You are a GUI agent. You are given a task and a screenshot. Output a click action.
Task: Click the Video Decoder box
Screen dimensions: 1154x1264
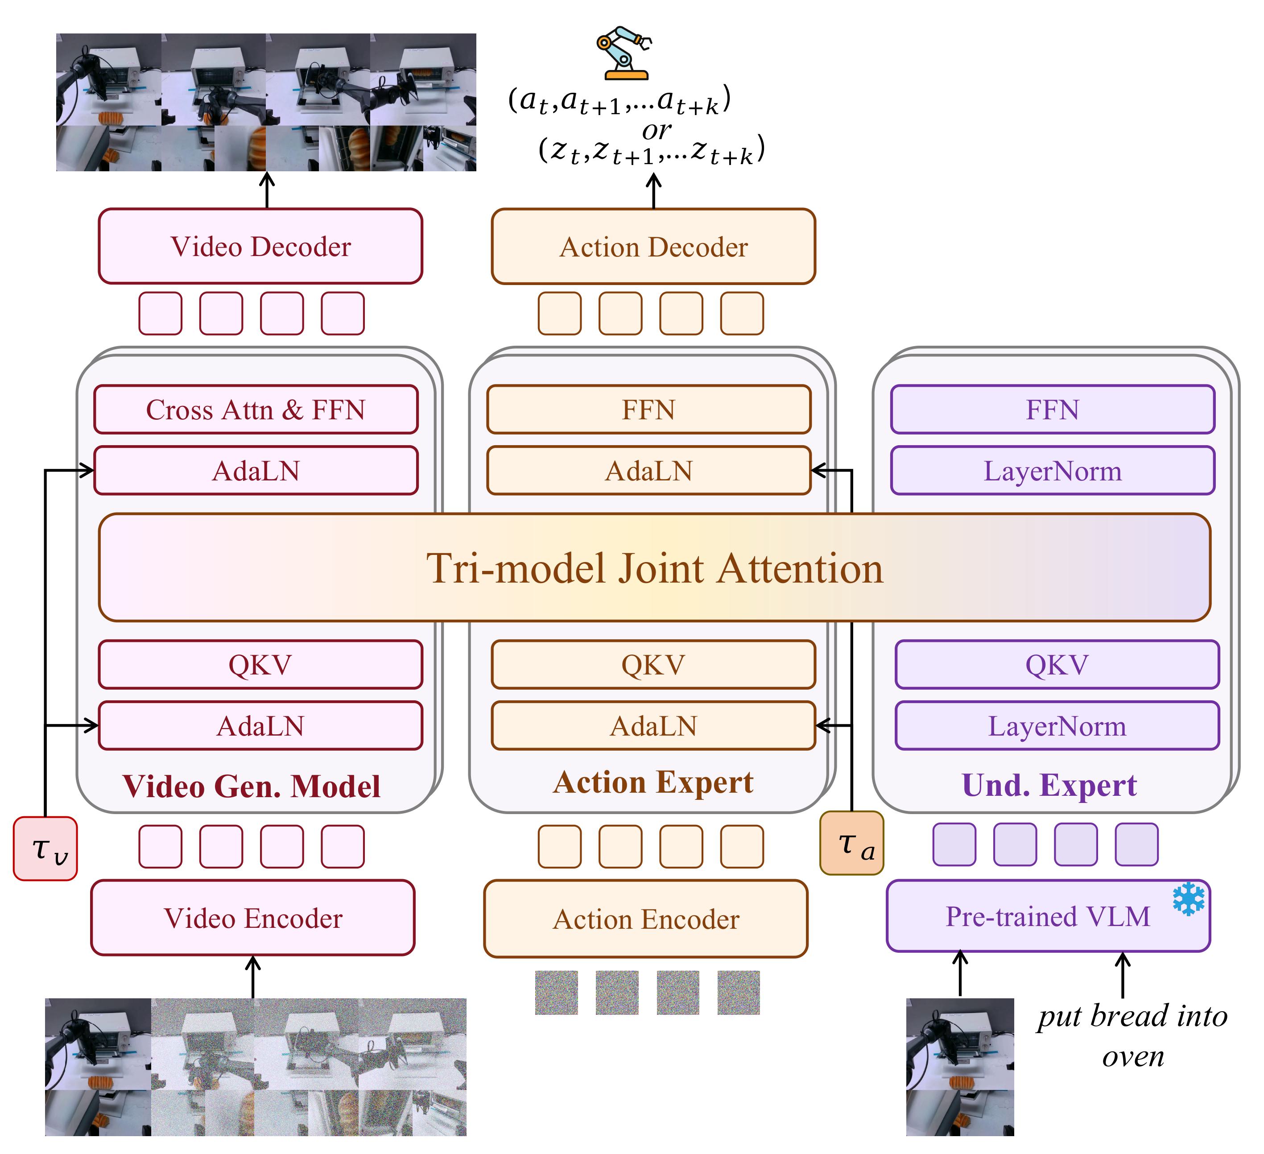tap(260, 247)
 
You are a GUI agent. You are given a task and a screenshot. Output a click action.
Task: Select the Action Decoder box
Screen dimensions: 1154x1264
tap(653, 247)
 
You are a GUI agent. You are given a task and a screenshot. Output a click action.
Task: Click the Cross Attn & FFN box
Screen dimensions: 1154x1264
tap(256, 409)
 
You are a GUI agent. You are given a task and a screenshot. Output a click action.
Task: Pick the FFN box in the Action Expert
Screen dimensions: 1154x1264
tap(649, 409)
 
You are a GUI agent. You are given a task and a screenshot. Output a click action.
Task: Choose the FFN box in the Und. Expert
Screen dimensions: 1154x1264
tap(1052, 409)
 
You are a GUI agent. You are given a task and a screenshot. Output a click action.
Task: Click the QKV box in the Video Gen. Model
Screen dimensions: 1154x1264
tap(260, 664)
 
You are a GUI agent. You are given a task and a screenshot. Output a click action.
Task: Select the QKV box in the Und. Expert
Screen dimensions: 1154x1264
tap(1057, 664)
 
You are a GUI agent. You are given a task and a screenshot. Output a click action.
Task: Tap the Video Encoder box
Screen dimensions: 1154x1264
tap(253, 918)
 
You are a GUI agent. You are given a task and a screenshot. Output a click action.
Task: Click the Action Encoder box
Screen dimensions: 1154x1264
tap(646, 919)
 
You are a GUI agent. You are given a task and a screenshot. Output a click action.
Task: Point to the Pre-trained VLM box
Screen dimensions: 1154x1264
tap(1048, 916)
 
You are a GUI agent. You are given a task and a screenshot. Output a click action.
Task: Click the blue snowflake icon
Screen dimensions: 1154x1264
tap(1189, 899)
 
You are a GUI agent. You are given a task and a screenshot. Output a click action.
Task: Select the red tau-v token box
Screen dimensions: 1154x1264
tap(45, 848)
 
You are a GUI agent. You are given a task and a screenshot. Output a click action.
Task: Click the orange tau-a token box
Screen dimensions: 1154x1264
tap(851, 843)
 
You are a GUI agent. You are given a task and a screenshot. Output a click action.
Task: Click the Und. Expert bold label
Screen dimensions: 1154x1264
tap(1049, 785)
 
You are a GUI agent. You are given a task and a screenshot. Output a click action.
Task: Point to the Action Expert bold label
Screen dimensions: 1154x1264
tap(653, 782)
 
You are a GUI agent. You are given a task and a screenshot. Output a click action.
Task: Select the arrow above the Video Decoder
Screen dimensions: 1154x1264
tap(267, 190)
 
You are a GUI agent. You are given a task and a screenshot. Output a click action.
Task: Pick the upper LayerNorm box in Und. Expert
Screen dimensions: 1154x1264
tap(1052, 470)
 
